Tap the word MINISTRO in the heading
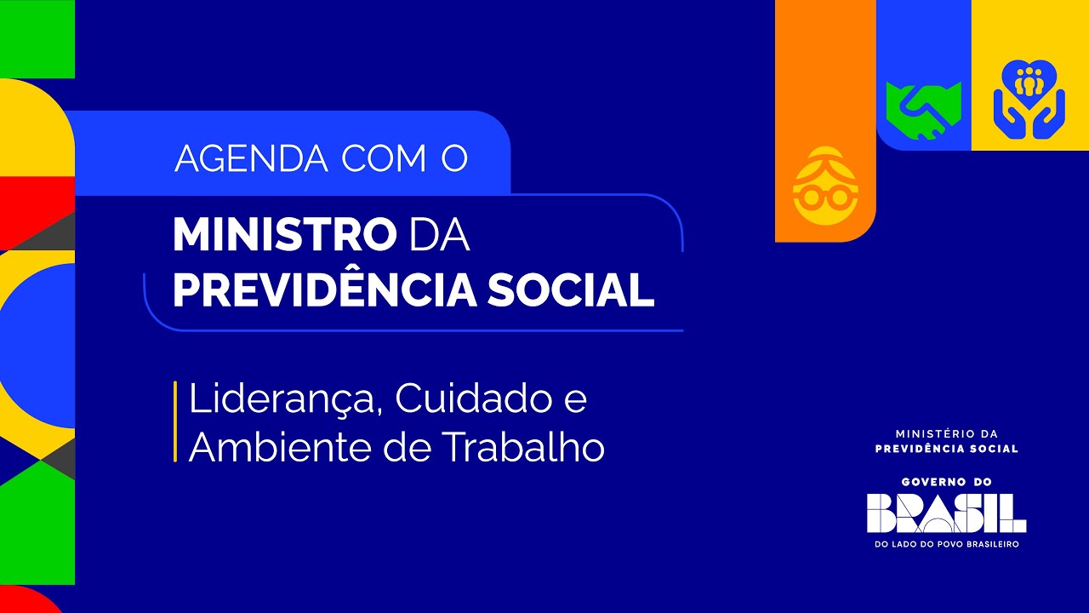[284, 234]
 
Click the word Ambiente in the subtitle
[280, 447]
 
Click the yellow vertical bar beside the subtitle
[175, 421]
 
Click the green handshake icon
[923, 109]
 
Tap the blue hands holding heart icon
[1029, 100]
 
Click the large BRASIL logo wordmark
[946, 513]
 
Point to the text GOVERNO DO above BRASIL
[946, 481]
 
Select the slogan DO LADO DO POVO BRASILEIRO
[946, 544]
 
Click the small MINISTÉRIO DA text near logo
[946, 433]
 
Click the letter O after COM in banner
[454, 158]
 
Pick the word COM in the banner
[382, 158]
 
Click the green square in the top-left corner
[37, 38]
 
